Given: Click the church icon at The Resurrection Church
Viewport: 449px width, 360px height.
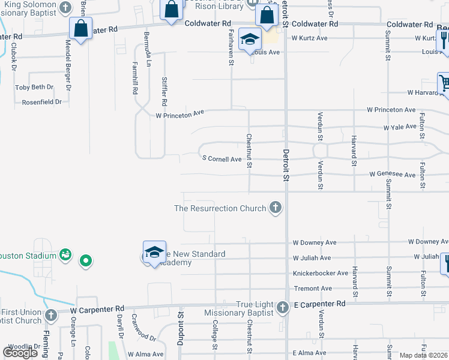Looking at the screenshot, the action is tap(276, 208).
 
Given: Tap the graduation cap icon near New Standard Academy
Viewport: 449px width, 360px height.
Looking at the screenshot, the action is tap(154, 252).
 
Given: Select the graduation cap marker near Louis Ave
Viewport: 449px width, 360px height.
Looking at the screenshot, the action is tap(250, 40).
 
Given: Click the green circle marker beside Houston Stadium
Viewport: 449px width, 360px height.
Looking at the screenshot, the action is tap(86, 261).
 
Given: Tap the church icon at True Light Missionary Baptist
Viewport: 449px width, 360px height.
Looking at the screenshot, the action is tap(283, 308).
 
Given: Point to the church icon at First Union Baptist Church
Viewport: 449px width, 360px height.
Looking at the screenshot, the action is tap(51, 315).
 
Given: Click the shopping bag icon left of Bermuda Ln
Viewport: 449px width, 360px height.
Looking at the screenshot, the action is tap(80, 28).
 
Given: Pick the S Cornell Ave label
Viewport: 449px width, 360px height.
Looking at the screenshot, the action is tap(222, 159).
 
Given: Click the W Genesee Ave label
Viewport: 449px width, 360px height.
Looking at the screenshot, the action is tap(393, 175).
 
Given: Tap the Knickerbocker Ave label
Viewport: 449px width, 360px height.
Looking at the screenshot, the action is tap(321, 273).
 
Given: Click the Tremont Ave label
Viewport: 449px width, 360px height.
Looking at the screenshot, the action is tap(312, 289).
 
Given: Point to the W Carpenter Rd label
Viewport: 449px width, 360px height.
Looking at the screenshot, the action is tap(97, 311).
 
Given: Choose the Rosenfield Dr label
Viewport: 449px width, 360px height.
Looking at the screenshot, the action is tap(42, 102).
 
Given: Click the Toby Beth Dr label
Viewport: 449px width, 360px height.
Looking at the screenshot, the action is tap(34, 87).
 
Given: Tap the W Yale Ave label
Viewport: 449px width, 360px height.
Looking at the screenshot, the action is tap(400, 127).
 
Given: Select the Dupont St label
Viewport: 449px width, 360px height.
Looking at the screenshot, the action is tap(180, 332).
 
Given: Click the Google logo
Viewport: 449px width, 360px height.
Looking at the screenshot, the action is tap(20, 352).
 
